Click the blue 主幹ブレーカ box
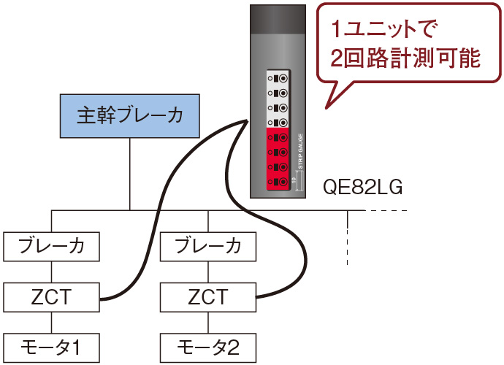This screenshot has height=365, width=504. click(129, 115)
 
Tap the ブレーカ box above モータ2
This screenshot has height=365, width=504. click(208, 246)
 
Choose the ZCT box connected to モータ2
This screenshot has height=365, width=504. click(208, 297)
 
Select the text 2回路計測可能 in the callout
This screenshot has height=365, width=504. click(405, 59)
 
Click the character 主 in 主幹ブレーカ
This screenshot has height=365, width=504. click(86, 115)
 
